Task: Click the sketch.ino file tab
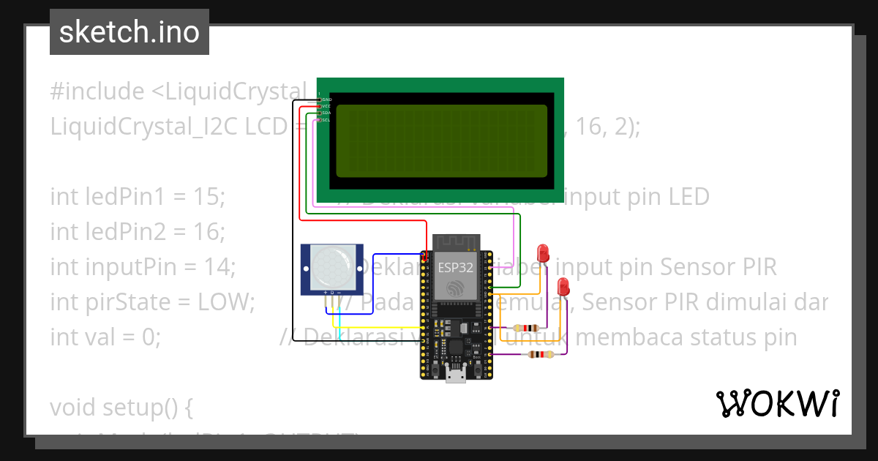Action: pyautogui.click(x=130, y=32)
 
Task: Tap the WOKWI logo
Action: pyautogui.click(x=777, y=403)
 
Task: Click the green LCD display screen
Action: pyautogui.click(x=440, y=140)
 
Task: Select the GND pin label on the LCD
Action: pyautogui.click(x=326, y=99)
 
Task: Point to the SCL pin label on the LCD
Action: pyautogui.click(x=326, y=120)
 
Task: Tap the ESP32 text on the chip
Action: pyautogui.click(x=455, y=267)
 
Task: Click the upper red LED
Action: pyautogui.click(x=543, y=253)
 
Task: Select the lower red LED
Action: pyautogui.click(x=563, y=287)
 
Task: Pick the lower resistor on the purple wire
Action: pyautogui.click(x=540, y=355)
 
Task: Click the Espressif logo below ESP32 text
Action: pyautogui.click(x=456, y=288)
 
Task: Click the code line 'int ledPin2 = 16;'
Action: pyautogui.click(x=138, y=232)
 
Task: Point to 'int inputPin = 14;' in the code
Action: pyautogui.click(x=143, y=267)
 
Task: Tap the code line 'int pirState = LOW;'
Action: pyautogui.click(x=152, y=301)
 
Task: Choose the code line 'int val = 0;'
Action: pyautogui.click(x=105, y=337)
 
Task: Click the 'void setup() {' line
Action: pyautogui.click(x=121, y=407)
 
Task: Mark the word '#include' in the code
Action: pyautogui.click(x=97, y=91)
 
